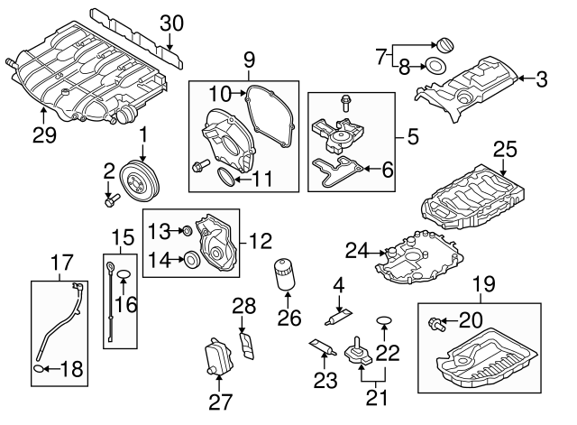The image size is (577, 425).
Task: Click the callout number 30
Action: pos(170,23)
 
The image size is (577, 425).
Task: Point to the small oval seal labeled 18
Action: pos(38,368)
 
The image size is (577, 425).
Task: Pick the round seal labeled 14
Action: pos(190,261)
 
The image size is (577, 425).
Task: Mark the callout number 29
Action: pos(44,135)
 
